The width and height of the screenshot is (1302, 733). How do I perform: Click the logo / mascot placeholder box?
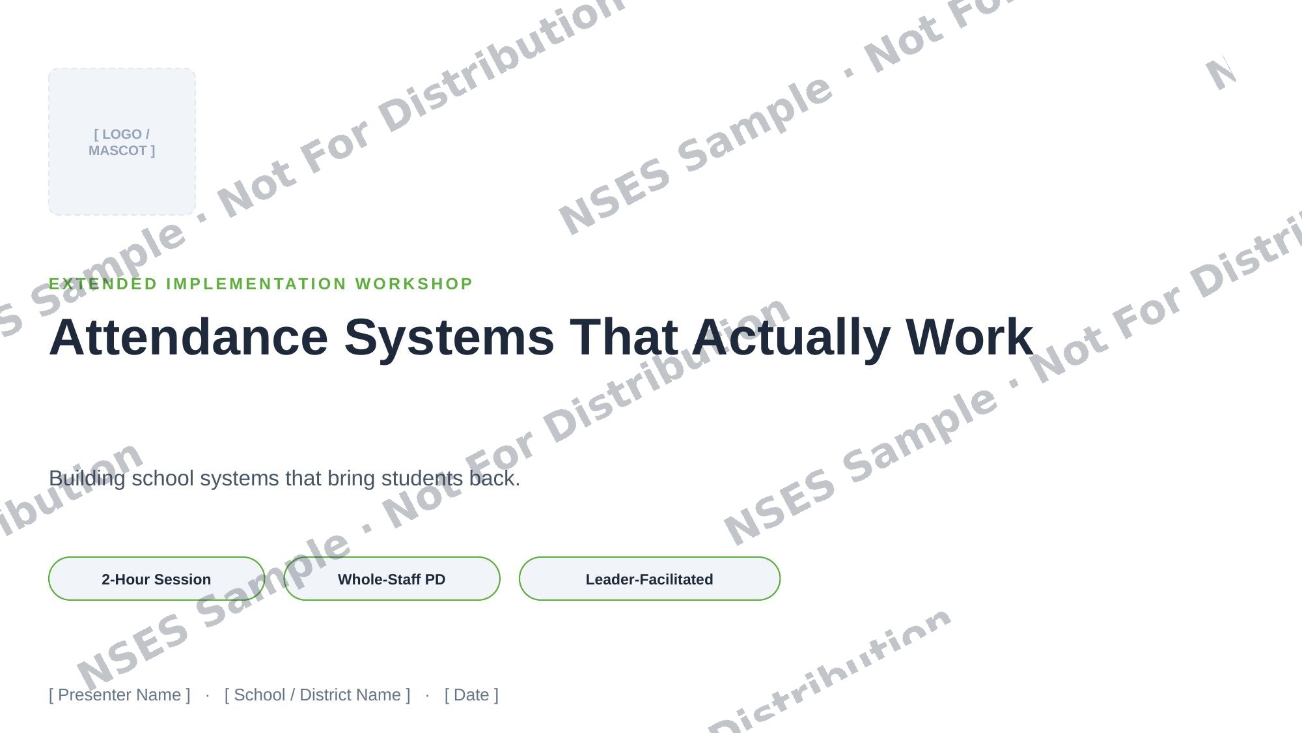[122, 141]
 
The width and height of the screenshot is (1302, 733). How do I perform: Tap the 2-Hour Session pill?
[156, 579]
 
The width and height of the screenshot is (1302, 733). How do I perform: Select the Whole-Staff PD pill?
[392, 579]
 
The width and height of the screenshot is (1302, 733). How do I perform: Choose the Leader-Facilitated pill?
[650, 579]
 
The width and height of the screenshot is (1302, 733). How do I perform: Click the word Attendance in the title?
[189, 338]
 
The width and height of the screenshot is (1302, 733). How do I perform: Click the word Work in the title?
[969, 338]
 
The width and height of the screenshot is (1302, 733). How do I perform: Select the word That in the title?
[624, 338]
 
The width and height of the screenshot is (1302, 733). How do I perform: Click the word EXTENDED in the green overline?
[104, 284]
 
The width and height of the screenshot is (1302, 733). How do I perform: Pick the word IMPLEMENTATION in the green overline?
[257, 284]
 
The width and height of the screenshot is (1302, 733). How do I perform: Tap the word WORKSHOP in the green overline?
[414, 284]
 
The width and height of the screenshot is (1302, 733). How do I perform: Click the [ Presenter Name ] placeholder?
[120, 695]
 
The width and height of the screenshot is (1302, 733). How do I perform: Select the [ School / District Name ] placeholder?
[318, 695]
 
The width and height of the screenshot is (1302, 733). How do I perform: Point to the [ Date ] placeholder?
[471, 695]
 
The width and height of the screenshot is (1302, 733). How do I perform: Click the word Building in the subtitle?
[87, 478]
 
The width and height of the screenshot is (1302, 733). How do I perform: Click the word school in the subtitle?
[163, 478]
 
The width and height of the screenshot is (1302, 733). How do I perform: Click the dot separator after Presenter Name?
[208, 695]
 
